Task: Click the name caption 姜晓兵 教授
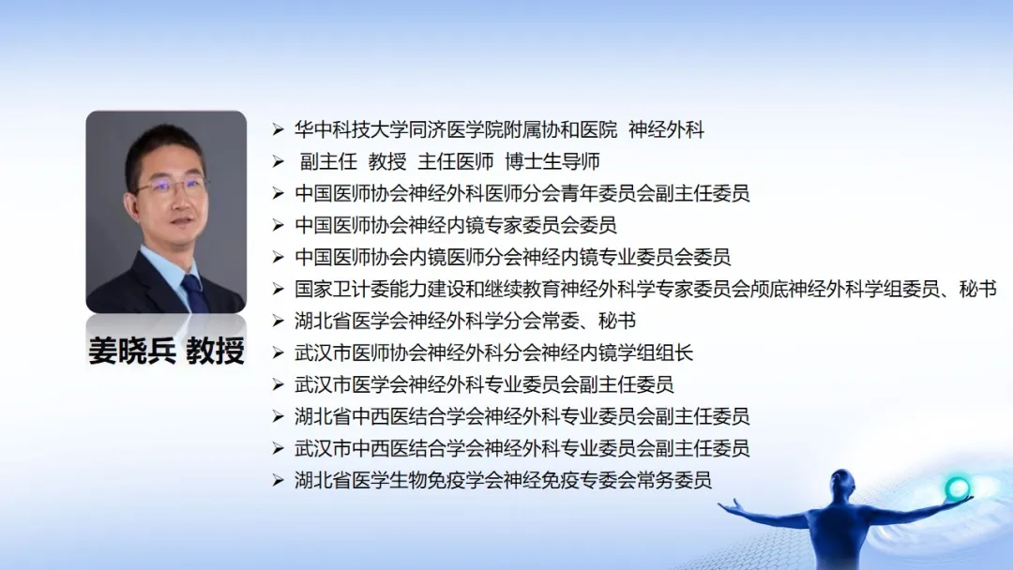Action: point(166,351)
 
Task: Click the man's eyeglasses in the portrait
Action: point(171,187)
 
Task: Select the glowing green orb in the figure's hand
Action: point(957,488)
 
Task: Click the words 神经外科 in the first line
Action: point(666,129)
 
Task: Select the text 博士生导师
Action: point(552,161)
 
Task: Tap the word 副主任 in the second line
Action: point(329,161)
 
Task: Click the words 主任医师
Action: point(456,161)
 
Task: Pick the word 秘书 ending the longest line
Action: point(978,289)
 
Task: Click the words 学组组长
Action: point(655,352)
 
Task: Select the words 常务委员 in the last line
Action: point(673,480)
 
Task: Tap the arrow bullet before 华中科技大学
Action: point(278,129)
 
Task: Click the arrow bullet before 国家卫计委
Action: point(278,289)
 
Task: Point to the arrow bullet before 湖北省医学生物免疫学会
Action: point(278,480)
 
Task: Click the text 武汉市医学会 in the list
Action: point(352,384)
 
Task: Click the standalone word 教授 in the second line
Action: point(387,161)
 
